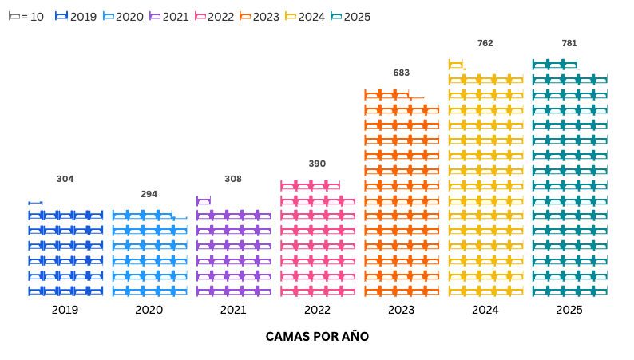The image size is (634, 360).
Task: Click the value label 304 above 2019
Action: (x=65, y=179)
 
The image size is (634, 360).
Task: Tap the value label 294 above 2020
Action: (x=149, y=194)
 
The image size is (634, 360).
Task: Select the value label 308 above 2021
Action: (x=233, y=179)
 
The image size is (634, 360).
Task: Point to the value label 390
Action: (x=317, y=164)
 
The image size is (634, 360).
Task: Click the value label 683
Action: (x=401, y=73)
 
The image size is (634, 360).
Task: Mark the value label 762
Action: (x=485, y=43)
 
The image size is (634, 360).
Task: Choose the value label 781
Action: (x=569, y=43)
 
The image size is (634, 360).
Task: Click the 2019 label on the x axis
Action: (x=65, y=310)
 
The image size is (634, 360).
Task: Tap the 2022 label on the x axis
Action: (x=317, y=310)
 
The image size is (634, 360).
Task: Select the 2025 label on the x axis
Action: (x=569, y=310)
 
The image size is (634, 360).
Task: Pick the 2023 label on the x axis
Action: (x=401, y=310)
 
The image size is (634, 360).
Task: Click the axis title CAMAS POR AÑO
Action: (x=317, y=337)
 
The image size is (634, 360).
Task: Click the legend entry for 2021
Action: (x=168, y=16)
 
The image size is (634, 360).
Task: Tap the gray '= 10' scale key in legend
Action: (x=26, y=16)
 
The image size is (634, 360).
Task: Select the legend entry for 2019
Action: (x=76, y=16)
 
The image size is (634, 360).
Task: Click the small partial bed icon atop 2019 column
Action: (x=35, y=202)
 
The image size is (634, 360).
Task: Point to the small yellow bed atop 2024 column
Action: (x=456, y=65)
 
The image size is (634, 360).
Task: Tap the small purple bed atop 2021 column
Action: (x=204, y=200)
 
